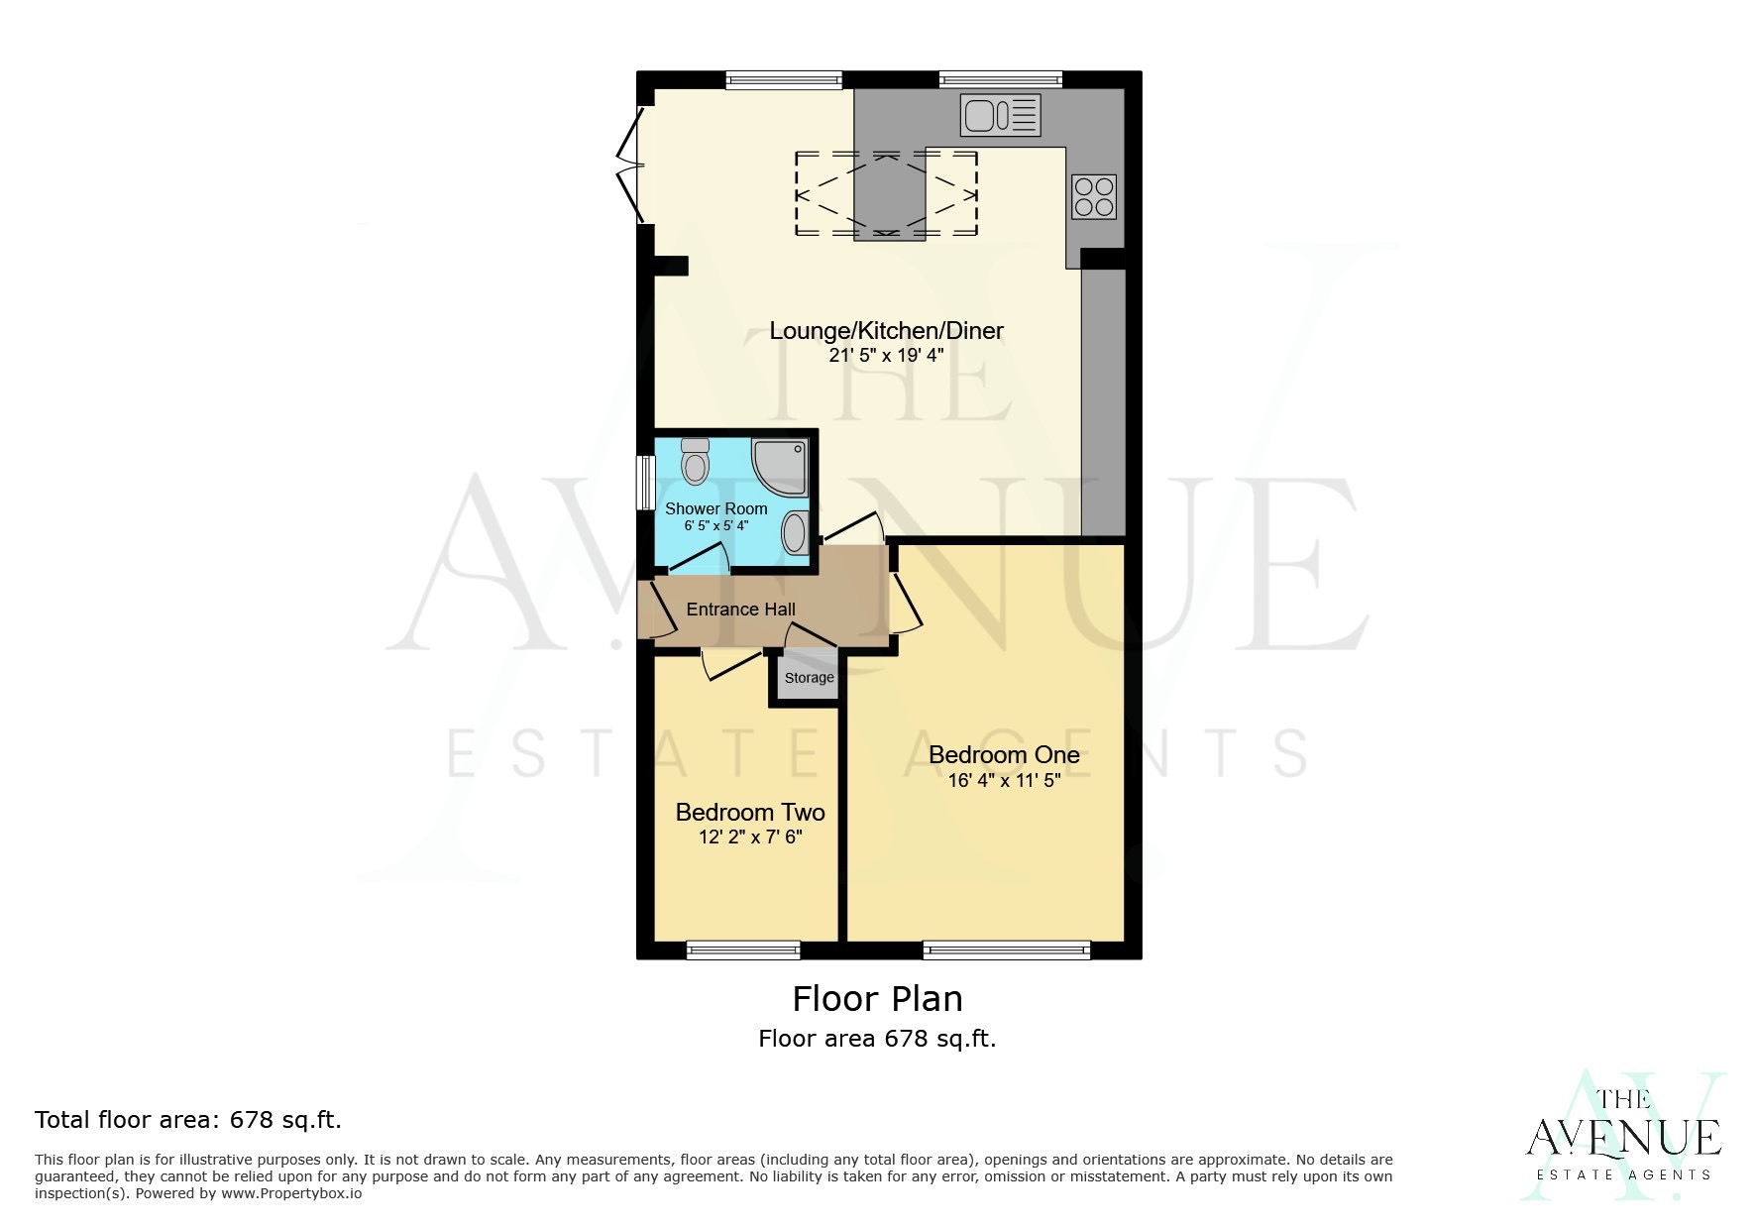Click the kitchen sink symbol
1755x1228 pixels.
1000,115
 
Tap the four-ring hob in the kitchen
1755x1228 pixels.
1094,196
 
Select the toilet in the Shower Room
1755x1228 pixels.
696,462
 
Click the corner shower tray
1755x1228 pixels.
782,467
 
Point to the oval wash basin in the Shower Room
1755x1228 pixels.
794,534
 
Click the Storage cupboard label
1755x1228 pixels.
809,678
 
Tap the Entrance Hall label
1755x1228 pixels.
740,610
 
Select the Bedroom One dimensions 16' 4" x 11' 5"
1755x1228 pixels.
1003,781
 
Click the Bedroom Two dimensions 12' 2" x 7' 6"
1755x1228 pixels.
749,837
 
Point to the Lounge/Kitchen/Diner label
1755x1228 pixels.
886,331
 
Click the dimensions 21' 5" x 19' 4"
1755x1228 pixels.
886,355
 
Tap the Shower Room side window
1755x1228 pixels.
644,483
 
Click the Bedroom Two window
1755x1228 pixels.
743,950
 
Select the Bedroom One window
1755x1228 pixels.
1006,950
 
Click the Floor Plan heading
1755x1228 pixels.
877,998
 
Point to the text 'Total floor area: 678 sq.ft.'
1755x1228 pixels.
188,1120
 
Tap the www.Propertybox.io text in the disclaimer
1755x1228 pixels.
290,1193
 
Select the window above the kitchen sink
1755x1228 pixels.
1000,79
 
